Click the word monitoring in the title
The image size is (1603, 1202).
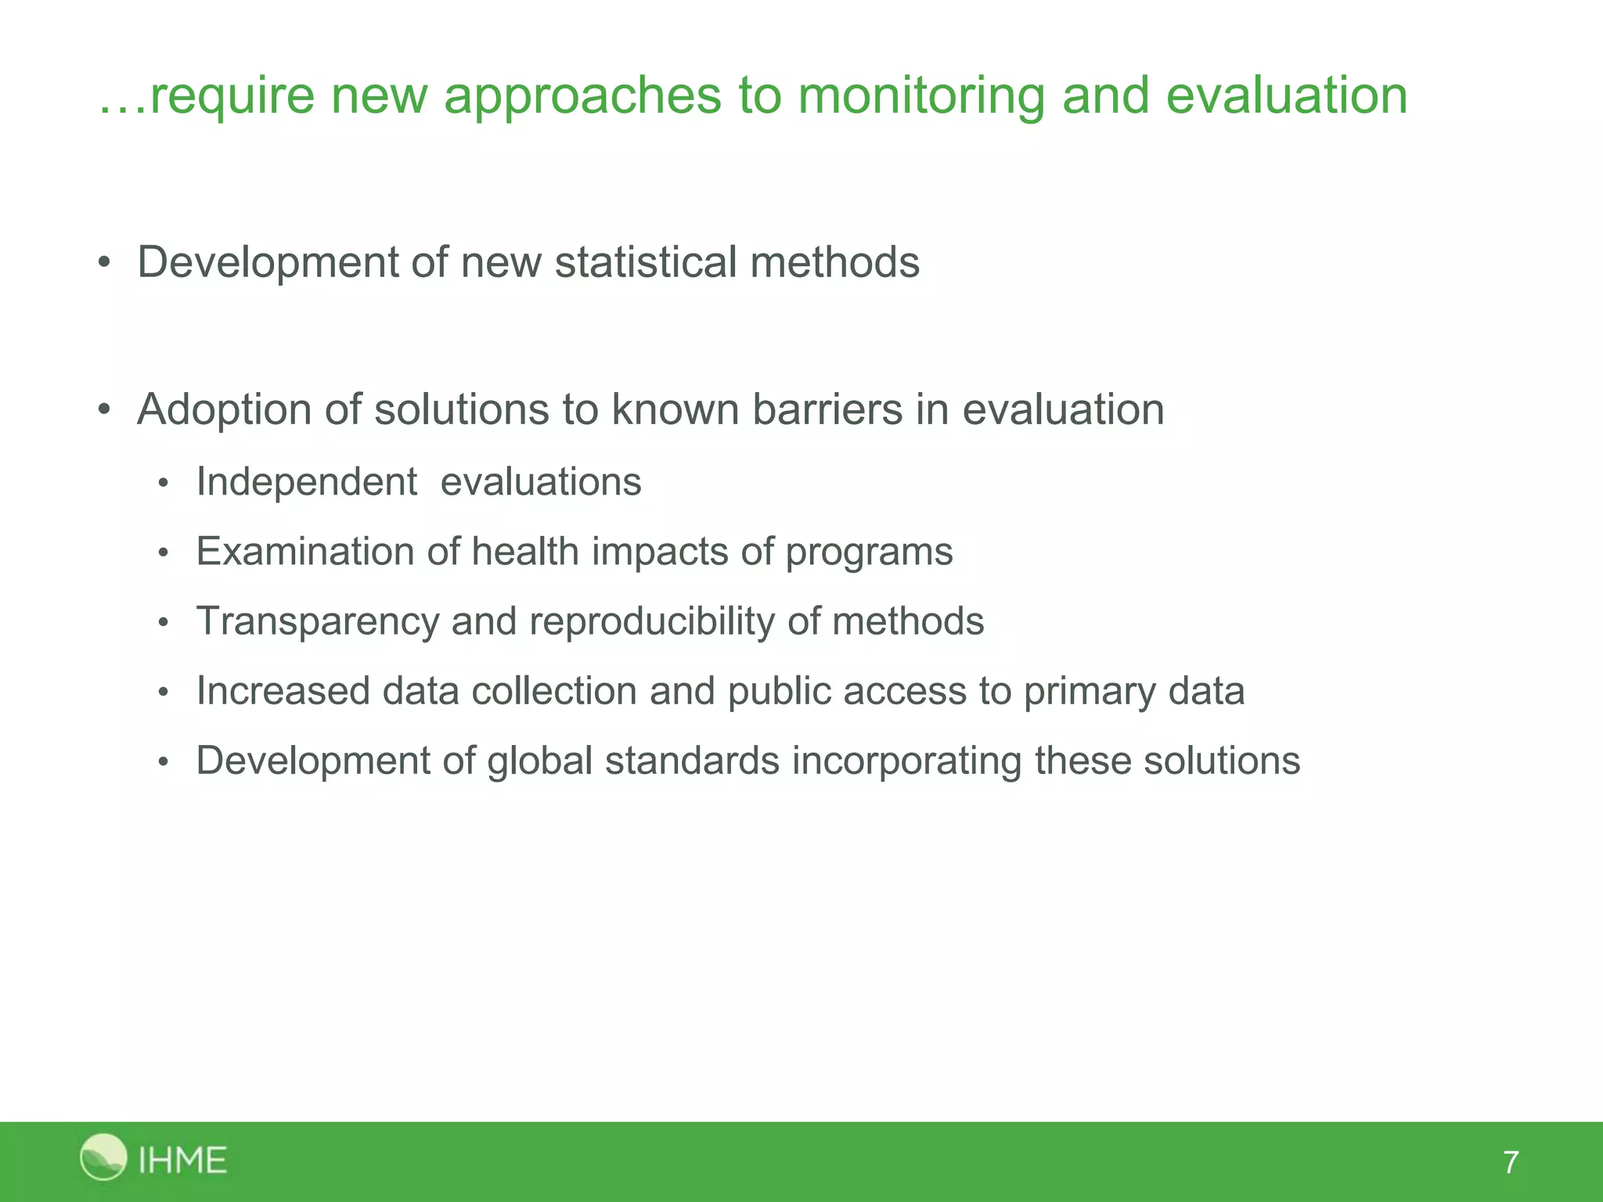pyautogui.click(x=920, y=97)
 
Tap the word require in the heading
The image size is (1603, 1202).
pyautogui.click(x=232, y=97)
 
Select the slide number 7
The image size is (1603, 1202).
pyautogui.click(x=1511, y=1163)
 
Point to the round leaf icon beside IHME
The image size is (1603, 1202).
pyautogui.click(x=103, y=1157)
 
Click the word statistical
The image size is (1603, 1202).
pyautogui.click(x=646, y=262)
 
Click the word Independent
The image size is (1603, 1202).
pyautogui.click(x=306, y=482)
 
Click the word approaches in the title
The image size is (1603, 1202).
pyautogui.click(x=582, y=97)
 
